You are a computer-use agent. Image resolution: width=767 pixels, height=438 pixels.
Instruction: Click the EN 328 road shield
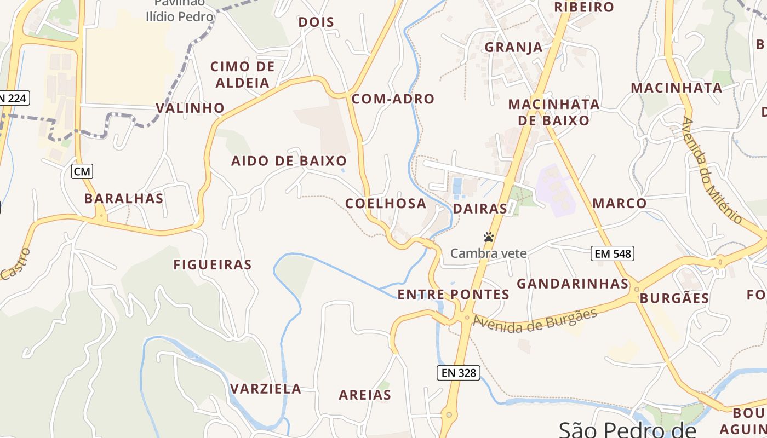[459, 373]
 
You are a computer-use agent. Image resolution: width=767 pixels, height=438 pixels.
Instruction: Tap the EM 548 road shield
[613, 253]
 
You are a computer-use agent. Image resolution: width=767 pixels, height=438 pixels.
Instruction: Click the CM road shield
[82, 171]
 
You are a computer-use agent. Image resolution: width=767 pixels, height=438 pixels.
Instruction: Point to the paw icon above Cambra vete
[489, 237]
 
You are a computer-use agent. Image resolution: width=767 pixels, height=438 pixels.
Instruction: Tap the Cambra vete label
[488, 253]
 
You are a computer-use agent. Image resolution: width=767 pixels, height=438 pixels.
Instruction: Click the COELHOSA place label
[386, 204]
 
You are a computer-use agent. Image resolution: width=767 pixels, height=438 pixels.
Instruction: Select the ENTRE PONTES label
[453, 295]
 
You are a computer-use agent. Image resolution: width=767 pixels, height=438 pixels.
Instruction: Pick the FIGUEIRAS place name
[213, 265]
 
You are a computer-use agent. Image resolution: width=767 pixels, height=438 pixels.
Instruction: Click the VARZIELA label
[266, 389]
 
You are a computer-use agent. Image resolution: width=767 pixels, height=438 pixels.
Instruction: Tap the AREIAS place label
[365, 395]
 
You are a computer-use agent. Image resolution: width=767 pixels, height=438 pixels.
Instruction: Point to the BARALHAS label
[124, 199]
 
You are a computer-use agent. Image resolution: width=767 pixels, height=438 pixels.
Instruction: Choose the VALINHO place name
[190, 108]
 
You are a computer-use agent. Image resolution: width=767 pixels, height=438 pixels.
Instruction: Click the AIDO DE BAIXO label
[289, 161]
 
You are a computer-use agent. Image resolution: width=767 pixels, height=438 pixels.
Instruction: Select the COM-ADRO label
[393, 99]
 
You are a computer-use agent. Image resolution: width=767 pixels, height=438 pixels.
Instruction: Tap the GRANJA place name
[514, 47]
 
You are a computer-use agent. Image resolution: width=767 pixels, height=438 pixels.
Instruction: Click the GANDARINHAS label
[573, 284]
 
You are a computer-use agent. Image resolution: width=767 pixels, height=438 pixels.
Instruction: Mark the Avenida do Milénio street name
[712, 170]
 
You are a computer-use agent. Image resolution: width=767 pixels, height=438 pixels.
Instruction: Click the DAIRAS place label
[480, 209]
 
